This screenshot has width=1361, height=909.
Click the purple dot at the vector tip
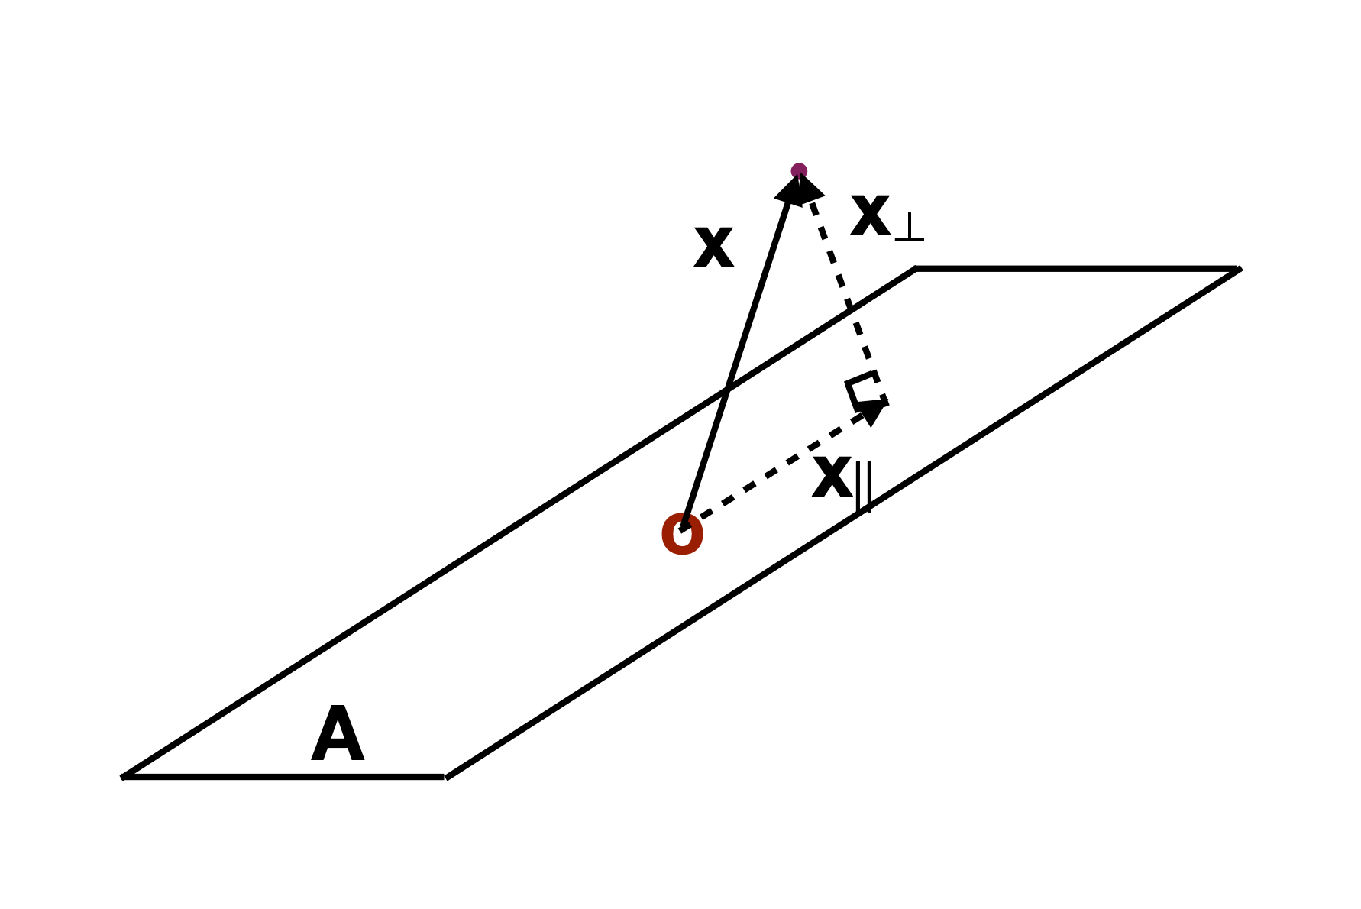pos(799,171)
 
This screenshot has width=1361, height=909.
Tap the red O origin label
pos(682,535)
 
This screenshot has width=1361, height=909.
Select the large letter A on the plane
pos(338,734)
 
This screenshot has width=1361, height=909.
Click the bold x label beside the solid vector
pos(713,249)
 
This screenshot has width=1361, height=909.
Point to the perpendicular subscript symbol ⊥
pos(909,227)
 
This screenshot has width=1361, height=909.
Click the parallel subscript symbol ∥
pos(864,487)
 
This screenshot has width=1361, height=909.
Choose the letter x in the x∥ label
pos(832,478)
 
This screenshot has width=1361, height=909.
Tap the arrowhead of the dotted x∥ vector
pos(872,411)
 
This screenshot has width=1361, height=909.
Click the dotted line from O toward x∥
pos(779,467)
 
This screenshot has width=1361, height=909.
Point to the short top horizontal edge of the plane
pos(1078,269)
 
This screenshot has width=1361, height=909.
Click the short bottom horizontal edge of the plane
pos(283,777)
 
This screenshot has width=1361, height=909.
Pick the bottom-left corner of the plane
pos(123,777)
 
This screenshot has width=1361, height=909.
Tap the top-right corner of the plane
pos(1240,269)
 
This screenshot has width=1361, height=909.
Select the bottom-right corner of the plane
pos(445,777)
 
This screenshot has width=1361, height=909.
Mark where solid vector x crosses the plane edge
pos(727,390)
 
